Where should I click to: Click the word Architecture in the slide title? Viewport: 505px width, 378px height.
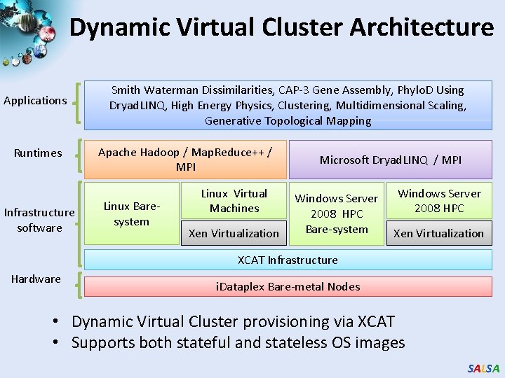coord(422,27)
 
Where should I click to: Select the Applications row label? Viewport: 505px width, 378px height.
coord(35,100)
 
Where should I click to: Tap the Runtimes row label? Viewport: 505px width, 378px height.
coord(38,153)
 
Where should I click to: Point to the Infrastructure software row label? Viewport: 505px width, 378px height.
coord(39,220)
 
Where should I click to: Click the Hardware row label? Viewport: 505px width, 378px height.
coord(36,279)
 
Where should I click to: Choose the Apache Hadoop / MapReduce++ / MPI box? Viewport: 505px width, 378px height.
coord(185,160)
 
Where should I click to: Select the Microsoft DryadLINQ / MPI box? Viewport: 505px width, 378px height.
coord(391,160)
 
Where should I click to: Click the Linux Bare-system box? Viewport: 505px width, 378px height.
coord(132,213)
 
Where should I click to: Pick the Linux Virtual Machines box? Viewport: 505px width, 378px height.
coord(234,201)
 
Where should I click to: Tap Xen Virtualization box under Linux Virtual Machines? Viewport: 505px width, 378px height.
coord(234,233)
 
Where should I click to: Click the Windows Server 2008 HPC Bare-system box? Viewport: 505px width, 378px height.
coord(337,213)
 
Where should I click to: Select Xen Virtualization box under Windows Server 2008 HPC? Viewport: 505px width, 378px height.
coord(438,233)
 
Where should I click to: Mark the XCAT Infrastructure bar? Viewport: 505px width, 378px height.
coord(288,260)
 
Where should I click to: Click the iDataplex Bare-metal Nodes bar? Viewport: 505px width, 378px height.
coord(288,286)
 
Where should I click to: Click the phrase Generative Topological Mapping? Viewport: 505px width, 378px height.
coord(288,120)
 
